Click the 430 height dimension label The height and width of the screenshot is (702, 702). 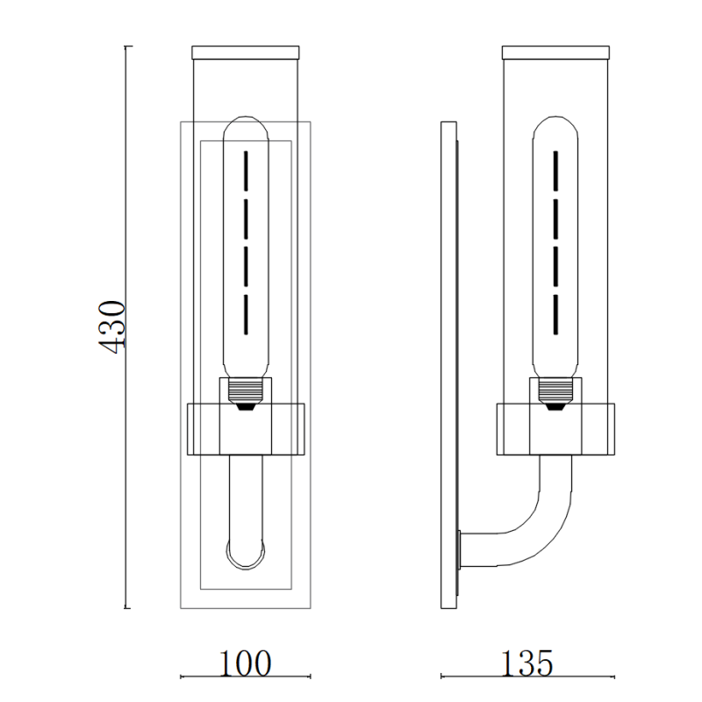pyautogui.click(x=111, y=327)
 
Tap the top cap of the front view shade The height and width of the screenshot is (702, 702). pyautogui.click(x=246, y=53)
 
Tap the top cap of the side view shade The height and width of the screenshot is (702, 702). pyautogui.click(x=555, y=53)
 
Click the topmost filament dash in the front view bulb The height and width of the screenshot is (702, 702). pyautogui.click(x=246, y=171)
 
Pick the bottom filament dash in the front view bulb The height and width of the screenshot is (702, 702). pyautogui.click(x=246, y=314)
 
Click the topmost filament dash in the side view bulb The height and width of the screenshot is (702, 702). pyautogui.click(x=555, y=171)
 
